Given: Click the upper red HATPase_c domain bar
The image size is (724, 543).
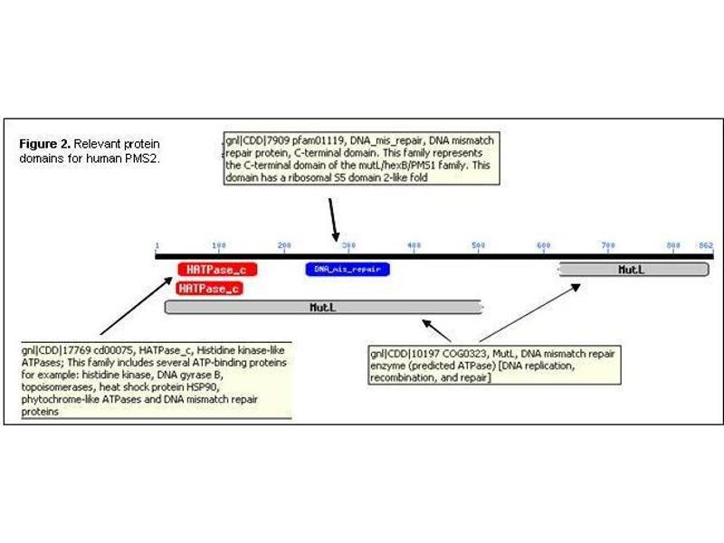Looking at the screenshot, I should pyautogui.click(x=218, y=269).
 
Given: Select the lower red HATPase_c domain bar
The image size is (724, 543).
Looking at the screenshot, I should pyautogui.click(x=209, y=289).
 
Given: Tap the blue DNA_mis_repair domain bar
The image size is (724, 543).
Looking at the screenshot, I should pyautogui.click(x=348, y=269).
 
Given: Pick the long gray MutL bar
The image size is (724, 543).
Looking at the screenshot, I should pyautogui.click(x=323, y=308).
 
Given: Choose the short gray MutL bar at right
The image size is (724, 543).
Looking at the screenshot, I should pyautogui.click(x=633, y=269).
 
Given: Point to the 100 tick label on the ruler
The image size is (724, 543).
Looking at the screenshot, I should pyautogui.click(x=218, y=245).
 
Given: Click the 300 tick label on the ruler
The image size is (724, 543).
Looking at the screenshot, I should pyautogui.click(x=348, y=245).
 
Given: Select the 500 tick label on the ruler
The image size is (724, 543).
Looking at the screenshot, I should pyautogui.click(x=479, y=245).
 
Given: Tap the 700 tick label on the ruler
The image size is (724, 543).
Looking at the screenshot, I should pyautogui.click(x=608, y=245).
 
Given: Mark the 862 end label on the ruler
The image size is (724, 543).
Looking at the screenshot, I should pyautogui.click(x=706, y=245).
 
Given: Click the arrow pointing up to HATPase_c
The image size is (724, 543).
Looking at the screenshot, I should pyautogui.click(x=136, y=307).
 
